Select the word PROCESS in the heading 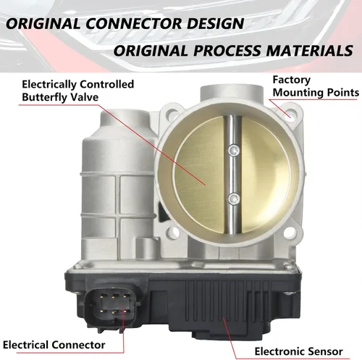click(x=227, y=51)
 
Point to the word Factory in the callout click(x=292, y=80)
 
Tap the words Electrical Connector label click(x=54, y=345)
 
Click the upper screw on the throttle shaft click(x=234, y=150)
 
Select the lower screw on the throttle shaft click(x=234, y=199)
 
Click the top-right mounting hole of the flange click(x=291, y=114)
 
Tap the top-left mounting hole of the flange click(x=173, y=113)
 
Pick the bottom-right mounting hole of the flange click(x=290, y=233)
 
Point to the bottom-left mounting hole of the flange click(x=174, y=233)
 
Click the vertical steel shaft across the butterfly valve click(x=232, y=175)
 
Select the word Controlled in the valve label click(x=106, y=84)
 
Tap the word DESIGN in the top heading click(x=216, y=24)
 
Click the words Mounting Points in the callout click(x=316, y=93)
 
